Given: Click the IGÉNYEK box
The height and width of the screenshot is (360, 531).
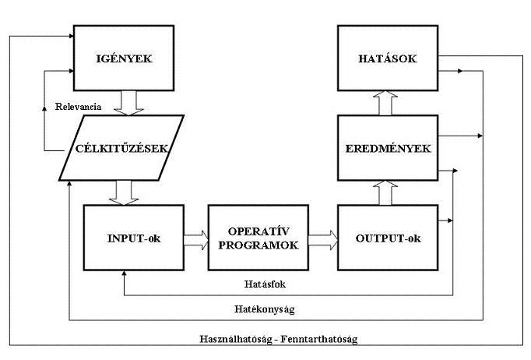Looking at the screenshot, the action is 124,58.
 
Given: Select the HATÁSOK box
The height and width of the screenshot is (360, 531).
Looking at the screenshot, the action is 388,58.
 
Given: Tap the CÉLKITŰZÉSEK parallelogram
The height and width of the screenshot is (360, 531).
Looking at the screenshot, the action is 121,148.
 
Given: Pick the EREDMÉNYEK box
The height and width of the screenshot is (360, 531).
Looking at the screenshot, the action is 388,148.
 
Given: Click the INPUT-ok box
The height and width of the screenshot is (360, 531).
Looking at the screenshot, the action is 134,238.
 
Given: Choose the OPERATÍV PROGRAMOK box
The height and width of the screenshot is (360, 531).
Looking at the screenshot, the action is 258,238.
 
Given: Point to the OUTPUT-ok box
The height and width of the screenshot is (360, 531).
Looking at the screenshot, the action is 388,238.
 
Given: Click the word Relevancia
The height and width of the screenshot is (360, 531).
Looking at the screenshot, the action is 78,107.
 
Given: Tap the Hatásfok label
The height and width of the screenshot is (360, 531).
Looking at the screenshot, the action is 265,284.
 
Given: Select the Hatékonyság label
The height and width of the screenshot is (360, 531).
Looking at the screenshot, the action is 265,309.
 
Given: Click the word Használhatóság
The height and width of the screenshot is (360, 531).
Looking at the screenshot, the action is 236,339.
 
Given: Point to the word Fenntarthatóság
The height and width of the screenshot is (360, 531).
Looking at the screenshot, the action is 319,339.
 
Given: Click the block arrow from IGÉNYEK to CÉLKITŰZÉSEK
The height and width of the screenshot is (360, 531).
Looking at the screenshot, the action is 128,103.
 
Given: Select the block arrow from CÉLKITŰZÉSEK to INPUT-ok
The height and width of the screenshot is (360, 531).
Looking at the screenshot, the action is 124,193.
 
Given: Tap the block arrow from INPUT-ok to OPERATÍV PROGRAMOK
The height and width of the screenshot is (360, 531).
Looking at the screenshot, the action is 196,240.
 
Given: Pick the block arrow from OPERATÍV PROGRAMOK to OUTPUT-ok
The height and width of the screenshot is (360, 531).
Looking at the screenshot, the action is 323,240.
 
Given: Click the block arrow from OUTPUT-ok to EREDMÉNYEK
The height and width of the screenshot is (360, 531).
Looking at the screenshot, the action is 385,193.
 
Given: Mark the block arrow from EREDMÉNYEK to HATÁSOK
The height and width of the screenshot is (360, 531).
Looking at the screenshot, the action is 385,103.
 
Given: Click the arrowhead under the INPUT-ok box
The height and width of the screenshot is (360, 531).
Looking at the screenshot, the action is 125,274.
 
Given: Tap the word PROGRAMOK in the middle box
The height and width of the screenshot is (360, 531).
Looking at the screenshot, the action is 258,245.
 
